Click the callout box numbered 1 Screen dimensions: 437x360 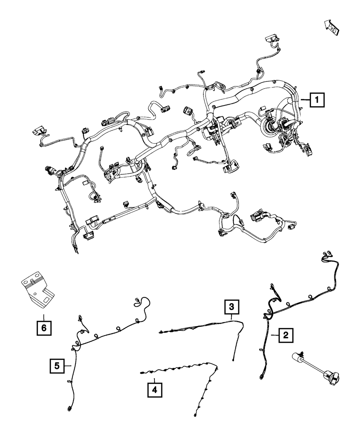tap(316, 100)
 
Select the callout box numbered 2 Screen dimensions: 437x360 tap(285, 335)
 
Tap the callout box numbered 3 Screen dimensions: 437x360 tap(231, 307)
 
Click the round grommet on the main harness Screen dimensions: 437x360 tap(270, 127)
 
